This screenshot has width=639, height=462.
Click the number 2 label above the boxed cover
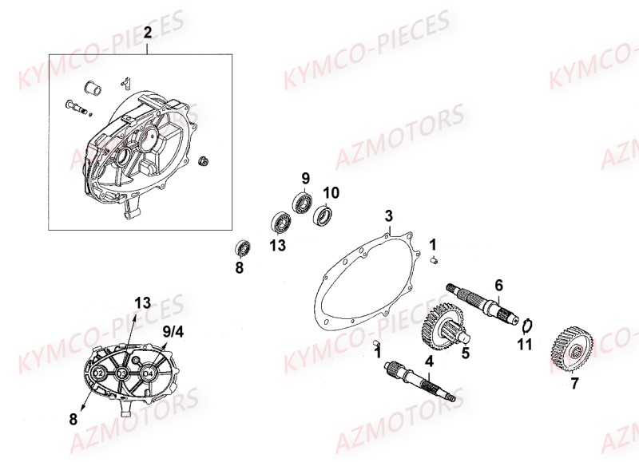tap(147, 32)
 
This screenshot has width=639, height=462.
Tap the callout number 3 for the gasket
tap(388, 215)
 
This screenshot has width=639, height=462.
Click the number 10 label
tap(331, 192)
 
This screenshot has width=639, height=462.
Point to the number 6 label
tap(498, 285)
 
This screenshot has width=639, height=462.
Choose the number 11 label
tap(524, 345)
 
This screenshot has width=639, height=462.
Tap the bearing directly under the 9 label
tap(303, 202)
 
